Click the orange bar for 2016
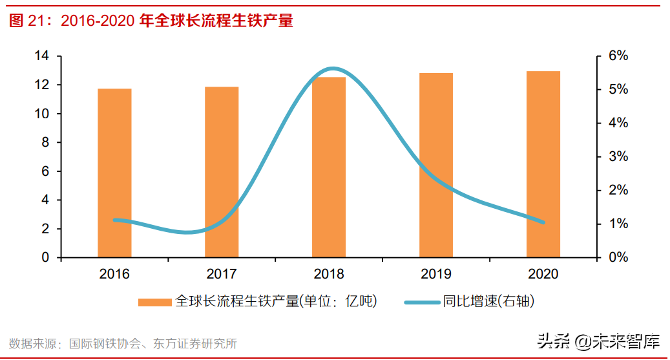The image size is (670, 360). click(x=114, y=173)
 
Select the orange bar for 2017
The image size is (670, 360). click(x=222, y=173)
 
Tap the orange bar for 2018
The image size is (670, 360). click(x=329, y=167)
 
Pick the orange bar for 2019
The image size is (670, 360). click(x=436, y=165)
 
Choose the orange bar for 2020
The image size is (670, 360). click(x=543, y=164)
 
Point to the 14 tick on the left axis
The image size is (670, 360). click(x=41, y=56)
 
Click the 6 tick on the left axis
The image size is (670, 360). click(x=45, y=171)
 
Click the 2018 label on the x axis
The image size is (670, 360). click(x=329, y=274)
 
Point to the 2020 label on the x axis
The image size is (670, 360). click(x=543, y=274)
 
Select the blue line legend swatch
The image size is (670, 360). click(x=422, y=301)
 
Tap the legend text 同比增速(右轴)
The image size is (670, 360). click(x=489, y=301)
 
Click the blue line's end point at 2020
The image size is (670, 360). click(x=543, y=222)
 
